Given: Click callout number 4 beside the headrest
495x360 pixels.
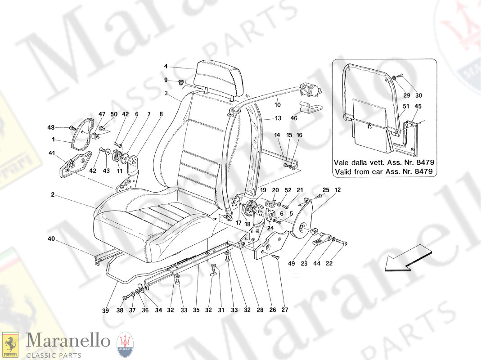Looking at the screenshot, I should [x=166, y=67].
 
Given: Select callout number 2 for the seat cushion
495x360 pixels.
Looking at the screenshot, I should [x=53, y=195].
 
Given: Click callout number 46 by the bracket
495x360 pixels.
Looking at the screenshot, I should [x=294, y=118].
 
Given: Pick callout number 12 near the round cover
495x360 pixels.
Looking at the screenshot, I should [x=337, y=190].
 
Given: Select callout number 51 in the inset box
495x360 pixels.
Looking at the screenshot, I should [x=405, y=107].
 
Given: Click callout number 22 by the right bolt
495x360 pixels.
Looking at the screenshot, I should [x=329, y=263].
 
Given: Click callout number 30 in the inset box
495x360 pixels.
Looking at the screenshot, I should [x=419, y=95].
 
